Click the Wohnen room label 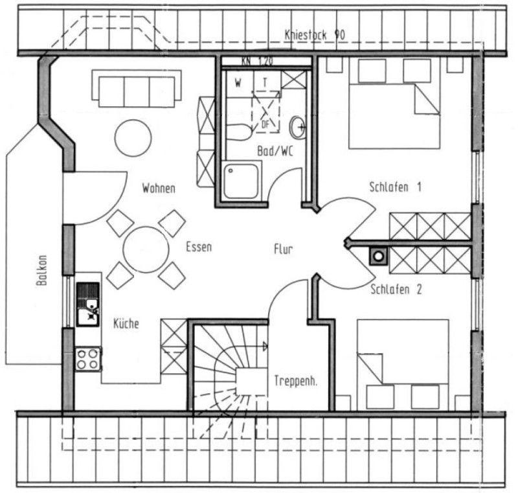click(159, 189)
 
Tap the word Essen click(199, 247)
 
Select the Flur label click(283, 249)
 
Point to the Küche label click(126, 323)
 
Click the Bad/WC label click(275, 151)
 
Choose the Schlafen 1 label click(395, 187)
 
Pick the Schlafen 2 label click(396, 290)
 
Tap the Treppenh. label click(296, 381)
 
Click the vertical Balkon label click(42, 270)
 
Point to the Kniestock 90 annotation click(315, 35)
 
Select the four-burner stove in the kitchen click(88, 359)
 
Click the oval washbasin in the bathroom click(297, 127)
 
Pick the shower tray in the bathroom click(241, 181)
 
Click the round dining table click(146, 249)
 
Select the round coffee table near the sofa click(133, 138)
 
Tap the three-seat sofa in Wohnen click(137, 88)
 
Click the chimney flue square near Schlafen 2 click(379, 256)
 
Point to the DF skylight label click(265, 124)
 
